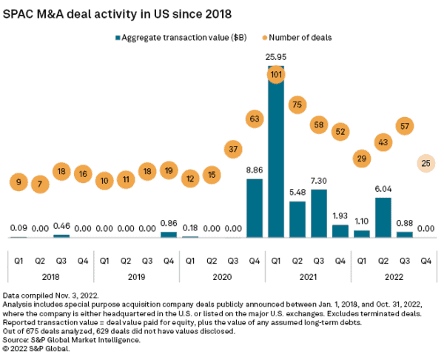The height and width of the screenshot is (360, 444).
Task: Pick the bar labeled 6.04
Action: coord(383,217)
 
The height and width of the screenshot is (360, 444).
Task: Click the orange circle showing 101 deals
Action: coord(276,74)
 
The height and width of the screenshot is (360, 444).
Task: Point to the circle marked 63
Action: coord(255,117)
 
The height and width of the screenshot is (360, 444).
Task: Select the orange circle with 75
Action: coord(297,104)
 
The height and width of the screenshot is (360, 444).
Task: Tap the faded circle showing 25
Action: coord(426,162)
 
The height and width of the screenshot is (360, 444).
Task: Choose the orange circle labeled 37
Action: coord(233,149)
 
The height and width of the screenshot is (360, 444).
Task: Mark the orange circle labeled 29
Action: coord(362,158)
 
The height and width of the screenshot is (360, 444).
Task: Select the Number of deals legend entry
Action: coord(300,36)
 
